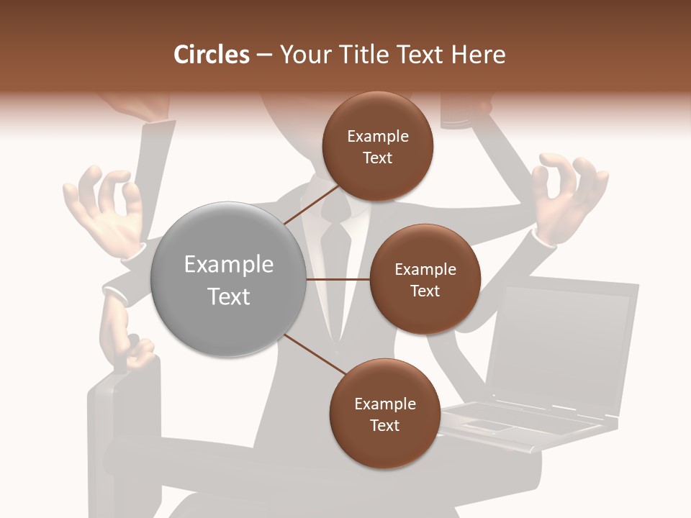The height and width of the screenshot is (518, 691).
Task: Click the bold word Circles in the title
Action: pyautogui.click(x=211, y=55)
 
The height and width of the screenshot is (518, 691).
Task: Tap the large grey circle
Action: pyautogui.click(x=228, y=279)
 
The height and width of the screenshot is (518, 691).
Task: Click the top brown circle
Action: pyautogui.click(x=377, y=146)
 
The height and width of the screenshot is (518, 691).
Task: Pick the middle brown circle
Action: pyautogui.click(x=425, y=279)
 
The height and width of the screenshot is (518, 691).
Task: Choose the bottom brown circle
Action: pyautogui.click(x=384, y=414)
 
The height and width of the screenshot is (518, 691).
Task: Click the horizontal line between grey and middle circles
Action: pyautogui.click(x=338, y=279)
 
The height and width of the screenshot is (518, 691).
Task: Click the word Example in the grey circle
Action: pyautogui.click(x=228, y=265)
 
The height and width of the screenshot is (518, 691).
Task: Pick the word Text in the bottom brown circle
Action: pyautogui.click(x=384, y=425)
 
